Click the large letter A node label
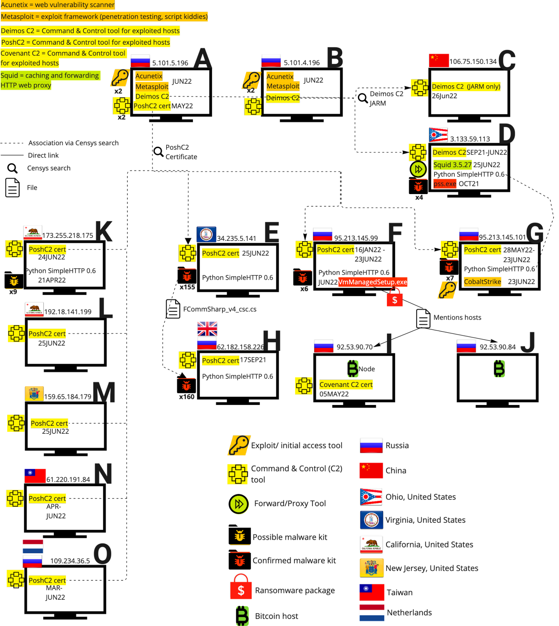[203, 58]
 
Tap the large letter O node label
[103, 554]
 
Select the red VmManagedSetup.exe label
[372, 282]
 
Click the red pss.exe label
[445, 184]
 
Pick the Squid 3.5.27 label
[452, 165]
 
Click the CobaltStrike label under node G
[482, 282]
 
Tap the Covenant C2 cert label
[346, 385]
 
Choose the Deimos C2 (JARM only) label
[466, 86]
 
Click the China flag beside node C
[439, 60]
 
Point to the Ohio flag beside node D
[438, 135]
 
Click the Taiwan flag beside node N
[35, 475]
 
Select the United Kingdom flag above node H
[207, 329]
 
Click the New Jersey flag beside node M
[34, 393]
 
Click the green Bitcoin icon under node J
[500, 369]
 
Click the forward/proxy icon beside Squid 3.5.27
[418, 169]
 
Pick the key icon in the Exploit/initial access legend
[239, 445]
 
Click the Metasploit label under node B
[283, 86]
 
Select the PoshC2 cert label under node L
[47, 334]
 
